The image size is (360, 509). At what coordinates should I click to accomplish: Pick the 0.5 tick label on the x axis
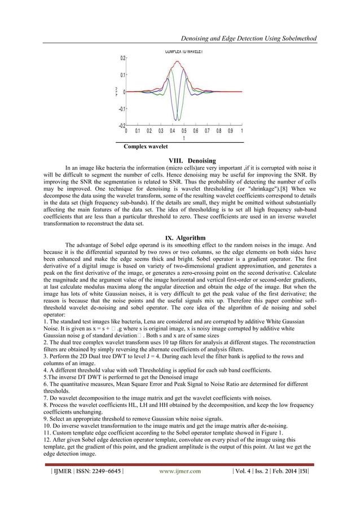184,130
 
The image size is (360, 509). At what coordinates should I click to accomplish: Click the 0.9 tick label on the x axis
230,130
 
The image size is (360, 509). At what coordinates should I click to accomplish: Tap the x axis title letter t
184,138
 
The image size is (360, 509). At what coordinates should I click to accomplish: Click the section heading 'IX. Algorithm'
181,237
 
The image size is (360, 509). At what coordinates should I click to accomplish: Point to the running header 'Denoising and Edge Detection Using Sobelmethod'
247,38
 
